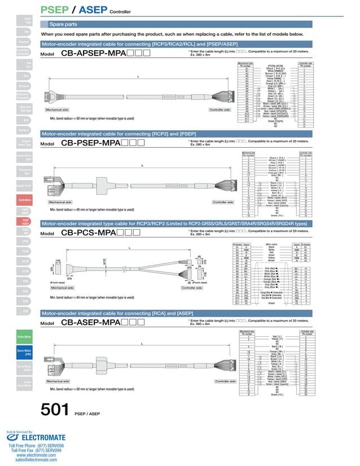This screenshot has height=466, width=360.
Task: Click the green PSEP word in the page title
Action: tap(55, 10)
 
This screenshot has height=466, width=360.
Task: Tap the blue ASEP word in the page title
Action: tap(91, 10)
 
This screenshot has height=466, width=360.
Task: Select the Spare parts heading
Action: tap(64, 25)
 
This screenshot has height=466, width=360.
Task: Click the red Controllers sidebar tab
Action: tap(24, 200)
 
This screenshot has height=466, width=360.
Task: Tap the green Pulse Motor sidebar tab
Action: tap(24, 336)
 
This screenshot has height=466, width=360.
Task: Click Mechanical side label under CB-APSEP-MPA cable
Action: tap(61, 110)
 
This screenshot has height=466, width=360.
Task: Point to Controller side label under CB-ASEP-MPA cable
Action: tap(225, 382)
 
